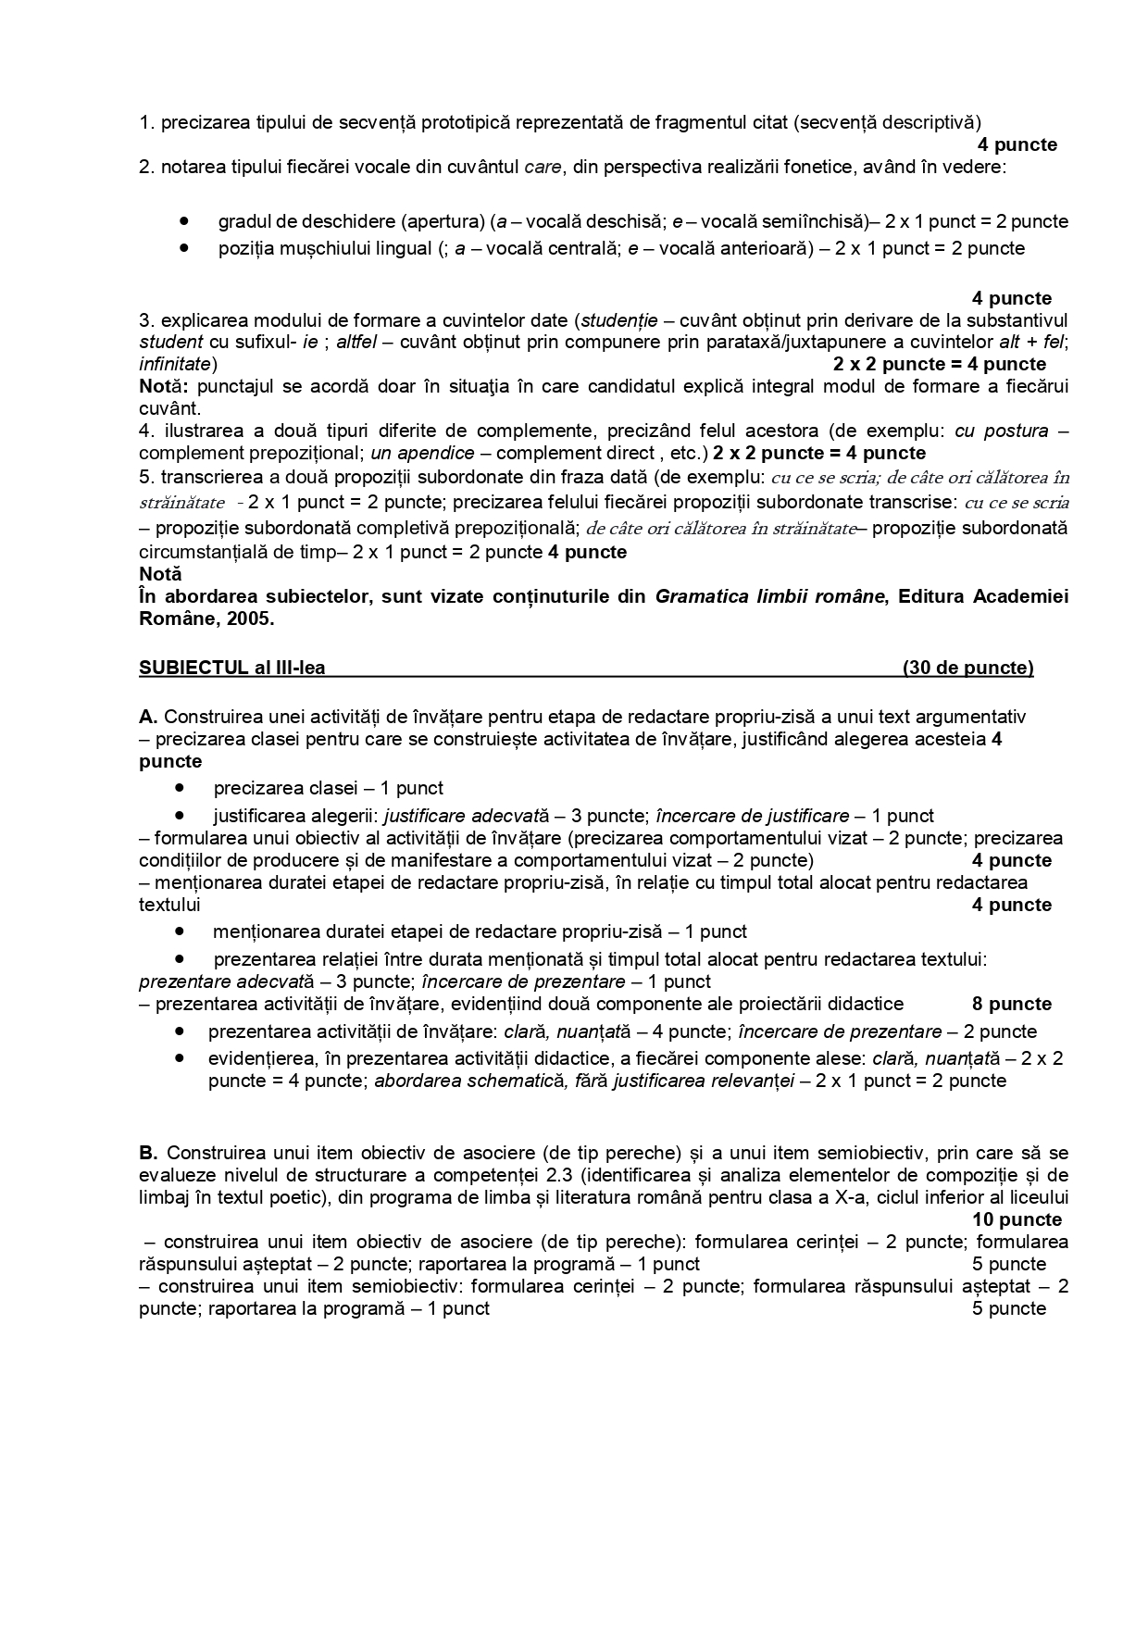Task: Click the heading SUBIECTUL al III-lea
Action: (x=231, y=668)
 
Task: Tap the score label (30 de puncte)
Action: (x=967, y=668)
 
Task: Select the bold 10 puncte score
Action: (x=1017, y=1219)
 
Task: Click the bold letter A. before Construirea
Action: (x=149, y=717)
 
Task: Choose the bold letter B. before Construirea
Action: (x=149, y=1153)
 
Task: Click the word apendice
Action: (x=434, y=453)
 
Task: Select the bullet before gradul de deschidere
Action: (x=185, y=221)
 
